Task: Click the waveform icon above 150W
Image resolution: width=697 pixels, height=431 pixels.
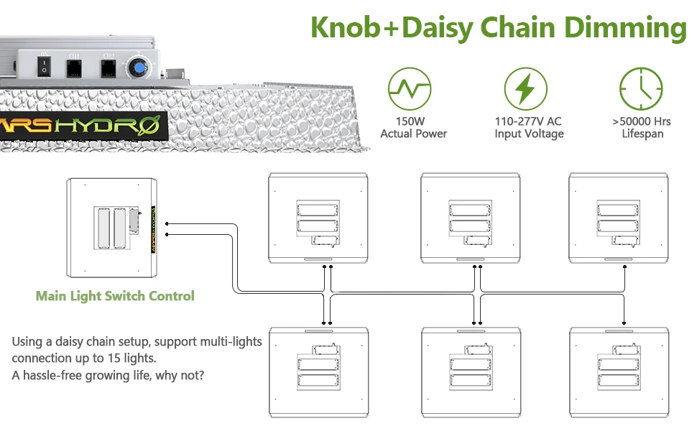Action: (x=409, y=88)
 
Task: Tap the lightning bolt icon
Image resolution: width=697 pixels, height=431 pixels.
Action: (x=525, y=88)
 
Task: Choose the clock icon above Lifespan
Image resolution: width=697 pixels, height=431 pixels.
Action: (x=641, y=88)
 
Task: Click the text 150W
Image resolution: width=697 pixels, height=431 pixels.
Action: (x=413, y=121)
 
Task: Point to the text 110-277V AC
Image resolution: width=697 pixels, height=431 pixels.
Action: (x=528, y=121)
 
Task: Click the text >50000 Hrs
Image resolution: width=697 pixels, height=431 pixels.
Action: (x=641, y=121)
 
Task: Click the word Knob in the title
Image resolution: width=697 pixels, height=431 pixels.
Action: (x=343, y=28)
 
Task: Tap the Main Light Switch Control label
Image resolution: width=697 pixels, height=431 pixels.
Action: (x=115, y=296)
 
